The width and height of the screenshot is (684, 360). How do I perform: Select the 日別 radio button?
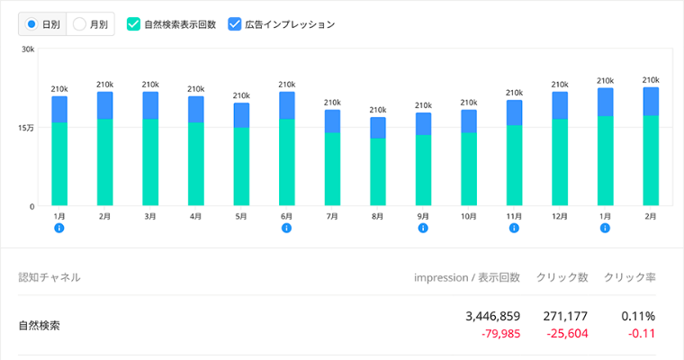tap(31, 24)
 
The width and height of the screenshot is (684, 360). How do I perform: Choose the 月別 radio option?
tap(79, 24)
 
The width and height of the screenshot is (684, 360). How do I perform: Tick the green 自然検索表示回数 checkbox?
tap(133, 24)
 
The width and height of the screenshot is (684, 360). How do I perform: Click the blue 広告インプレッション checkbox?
tap(235, 24)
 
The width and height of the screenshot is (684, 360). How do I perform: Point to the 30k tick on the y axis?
tap(28, 49)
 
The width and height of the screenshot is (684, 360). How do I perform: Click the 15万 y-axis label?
tap(26, 129)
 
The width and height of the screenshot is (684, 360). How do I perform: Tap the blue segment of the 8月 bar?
tap(378, 128)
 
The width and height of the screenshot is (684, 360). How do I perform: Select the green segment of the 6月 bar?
tap(286, 162)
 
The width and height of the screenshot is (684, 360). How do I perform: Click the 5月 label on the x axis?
tap(241, 216)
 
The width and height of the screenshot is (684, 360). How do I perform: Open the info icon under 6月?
tap(286, 228)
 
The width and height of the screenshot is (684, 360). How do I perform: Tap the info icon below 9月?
tap(423, 228)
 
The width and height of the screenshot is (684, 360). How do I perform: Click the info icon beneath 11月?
tap(514, 228)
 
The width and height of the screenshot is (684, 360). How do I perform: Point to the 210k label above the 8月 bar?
tap(378, 110)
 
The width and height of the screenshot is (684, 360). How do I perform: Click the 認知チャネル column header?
tap(49, 277)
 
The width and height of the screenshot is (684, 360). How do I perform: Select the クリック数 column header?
tap(562, 277)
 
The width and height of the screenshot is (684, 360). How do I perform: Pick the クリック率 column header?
tap(629, 277)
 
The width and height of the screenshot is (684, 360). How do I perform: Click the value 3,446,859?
tap(493, 317)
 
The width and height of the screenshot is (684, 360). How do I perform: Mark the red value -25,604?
tap(567, 334)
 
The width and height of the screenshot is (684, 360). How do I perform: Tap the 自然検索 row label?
tap(40, 326)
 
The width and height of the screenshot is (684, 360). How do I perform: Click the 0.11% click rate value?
tap(638, 317)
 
